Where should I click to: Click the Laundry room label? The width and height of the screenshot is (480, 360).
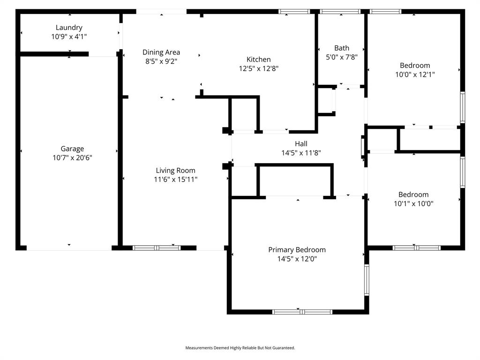point(69,28)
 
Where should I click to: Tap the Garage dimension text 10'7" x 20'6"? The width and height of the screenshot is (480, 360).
point(72,158)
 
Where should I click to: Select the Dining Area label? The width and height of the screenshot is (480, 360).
point(161,52)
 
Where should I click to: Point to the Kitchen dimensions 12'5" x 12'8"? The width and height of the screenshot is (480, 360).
point(259,68)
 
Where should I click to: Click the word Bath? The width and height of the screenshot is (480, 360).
point(342,48)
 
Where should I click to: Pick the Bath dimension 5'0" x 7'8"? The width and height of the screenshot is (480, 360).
point(342,57)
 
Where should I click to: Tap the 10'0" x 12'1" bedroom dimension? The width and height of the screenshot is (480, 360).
point(414,74)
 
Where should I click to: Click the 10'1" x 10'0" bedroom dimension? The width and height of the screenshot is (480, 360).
point(413,203)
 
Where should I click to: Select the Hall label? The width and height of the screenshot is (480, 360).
point(301,144)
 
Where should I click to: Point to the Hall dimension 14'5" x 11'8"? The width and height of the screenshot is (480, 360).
point(301,153)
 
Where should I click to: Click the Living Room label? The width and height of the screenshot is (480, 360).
point(176,171)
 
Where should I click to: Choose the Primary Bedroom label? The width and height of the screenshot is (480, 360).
point(297,250)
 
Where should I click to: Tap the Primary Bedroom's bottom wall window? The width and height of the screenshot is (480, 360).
point(302,312)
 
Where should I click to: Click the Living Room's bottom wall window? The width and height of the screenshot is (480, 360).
point(157,247)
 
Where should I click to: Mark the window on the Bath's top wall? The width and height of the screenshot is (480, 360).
point(340,11)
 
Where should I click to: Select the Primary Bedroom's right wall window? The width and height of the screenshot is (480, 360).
point(367,279)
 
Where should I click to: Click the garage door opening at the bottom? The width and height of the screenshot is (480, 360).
point(69,247)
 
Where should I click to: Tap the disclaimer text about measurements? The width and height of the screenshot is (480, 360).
point(240,348)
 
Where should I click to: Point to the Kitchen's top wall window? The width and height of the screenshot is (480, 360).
point(294,11)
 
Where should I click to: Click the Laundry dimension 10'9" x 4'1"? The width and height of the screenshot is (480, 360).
point(69,36)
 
